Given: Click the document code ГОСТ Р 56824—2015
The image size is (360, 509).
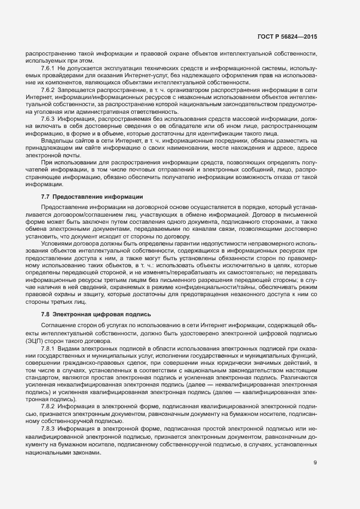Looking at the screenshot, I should [x=287, y=36].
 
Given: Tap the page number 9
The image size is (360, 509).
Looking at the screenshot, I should [x=315, y=463].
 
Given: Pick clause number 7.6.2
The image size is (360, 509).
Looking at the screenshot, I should [x=49, y=89].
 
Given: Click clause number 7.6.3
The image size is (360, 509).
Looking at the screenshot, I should [x=49, y=118].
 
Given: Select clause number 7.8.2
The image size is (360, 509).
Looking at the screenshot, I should [x=49, y=406].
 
